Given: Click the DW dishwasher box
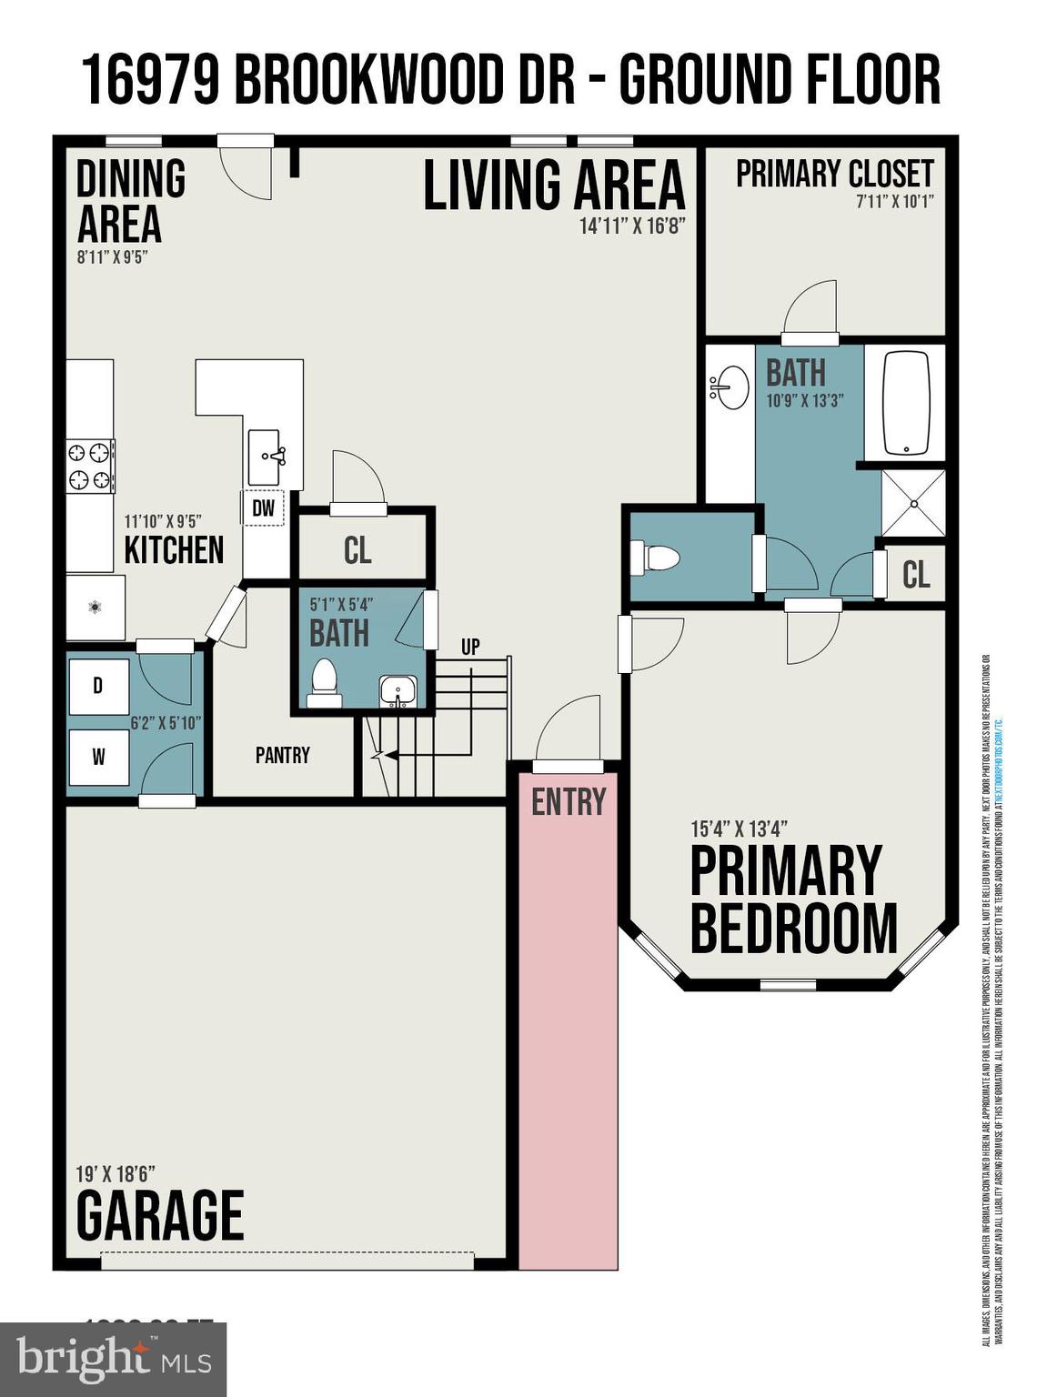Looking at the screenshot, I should (263, 508).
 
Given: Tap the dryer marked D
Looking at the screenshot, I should (98, 685).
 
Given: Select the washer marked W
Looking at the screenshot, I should (98, 757).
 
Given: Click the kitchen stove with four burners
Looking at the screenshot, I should (90, 466).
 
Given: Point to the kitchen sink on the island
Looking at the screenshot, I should (267, 457).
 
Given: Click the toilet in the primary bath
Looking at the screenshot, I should (655, 558).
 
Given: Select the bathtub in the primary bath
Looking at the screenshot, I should (905, 402).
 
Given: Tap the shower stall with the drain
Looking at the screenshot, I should (913, 503).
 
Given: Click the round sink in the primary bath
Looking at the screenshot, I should (729, 388).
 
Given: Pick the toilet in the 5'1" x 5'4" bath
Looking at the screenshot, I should (324, 681).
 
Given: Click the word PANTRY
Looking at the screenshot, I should (282, 755).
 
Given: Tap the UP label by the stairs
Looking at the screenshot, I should (470, 647).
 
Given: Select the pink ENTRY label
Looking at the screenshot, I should (569, 802).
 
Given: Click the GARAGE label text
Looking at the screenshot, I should (160, 1216).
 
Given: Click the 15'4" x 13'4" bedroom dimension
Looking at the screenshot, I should (739, 829).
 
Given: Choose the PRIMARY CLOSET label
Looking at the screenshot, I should (834, 174).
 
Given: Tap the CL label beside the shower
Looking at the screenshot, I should (916, 574).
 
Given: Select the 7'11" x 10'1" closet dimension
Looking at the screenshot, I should (894, 202).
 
